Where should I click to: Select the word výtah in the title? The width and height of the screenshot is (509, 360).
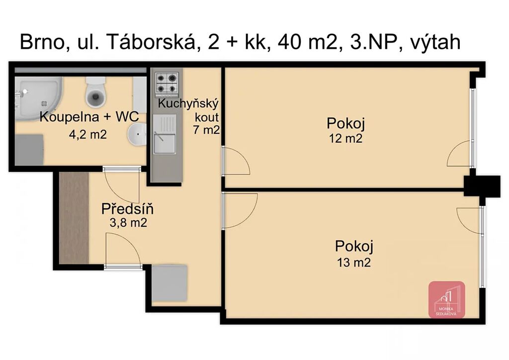tap(435, 43)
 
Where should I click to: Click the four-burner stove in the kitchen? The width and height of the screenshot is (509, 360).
tap(167, 83)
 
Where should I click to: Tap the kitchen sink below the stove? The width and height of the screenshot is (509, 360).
tap(165, 134)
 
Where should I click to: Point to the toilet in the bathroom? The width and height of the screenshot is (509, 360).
tap(96, 92)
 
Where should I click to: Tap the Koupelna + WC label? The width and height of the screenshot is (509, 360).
tap(89, 117)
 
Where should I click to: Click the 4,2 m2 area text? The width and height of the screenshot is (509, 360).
tap(87, 134)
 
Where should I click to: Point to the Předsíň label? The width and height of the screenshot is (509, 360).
tap(127, 209)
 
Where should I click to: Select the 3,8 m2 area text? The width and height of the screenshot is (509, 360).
tap(128, 223)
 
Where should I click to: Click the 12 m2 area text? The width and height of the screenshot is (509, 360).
tap(346, 139)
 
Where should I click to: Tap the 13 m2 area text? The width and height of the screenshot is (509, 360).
tap(354, 262)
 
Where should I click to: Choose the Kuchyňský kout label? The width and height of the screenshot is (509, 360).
tap(188, 110)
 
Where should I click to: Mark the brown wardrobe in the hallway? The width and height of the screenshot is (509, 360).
tap(74, 217)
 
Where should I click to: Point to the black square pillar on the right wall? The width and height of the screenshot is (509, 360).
tap(482, 186)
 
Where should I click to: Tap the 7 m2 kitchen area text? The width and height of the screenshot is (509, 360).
tap(206, 130)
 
